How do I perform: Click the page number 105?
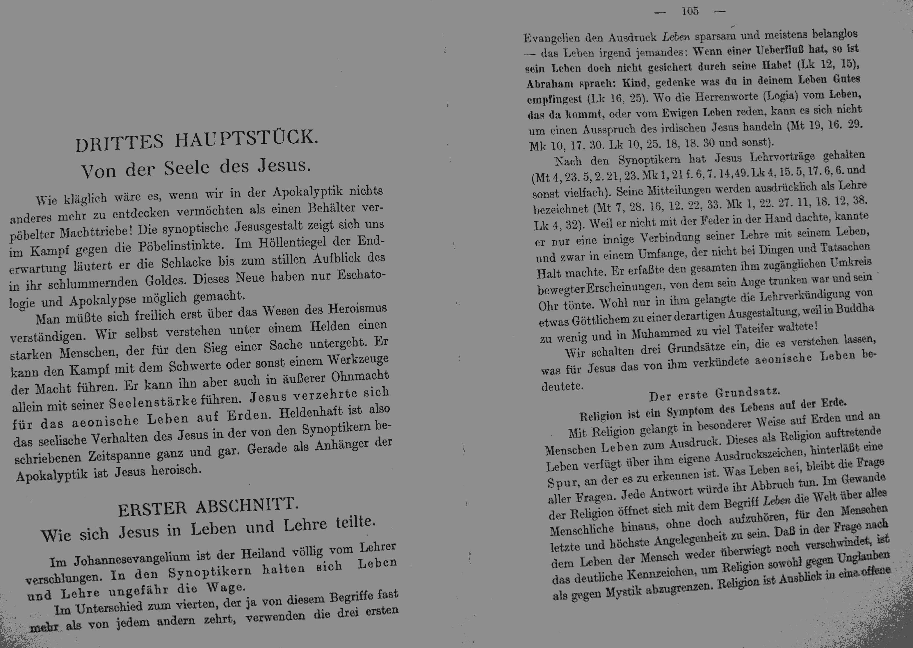(690, 11)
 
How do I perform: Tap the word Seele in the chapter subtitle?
(186, 168)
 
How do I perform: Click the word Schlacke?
(186, 263)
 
